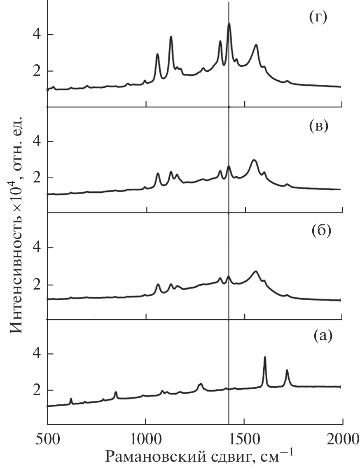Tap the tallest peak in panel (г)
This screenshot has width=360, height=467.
pos(229,24)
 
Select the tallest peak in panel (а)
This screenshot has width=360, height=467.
pos(265,357)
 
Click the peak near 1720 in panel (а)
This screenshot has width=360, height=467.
pos(287,370)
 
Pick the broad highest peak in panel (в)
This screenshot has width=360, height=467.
pos(254,160)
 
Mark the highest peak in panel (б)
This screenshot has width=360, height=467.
pos(256,271)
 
